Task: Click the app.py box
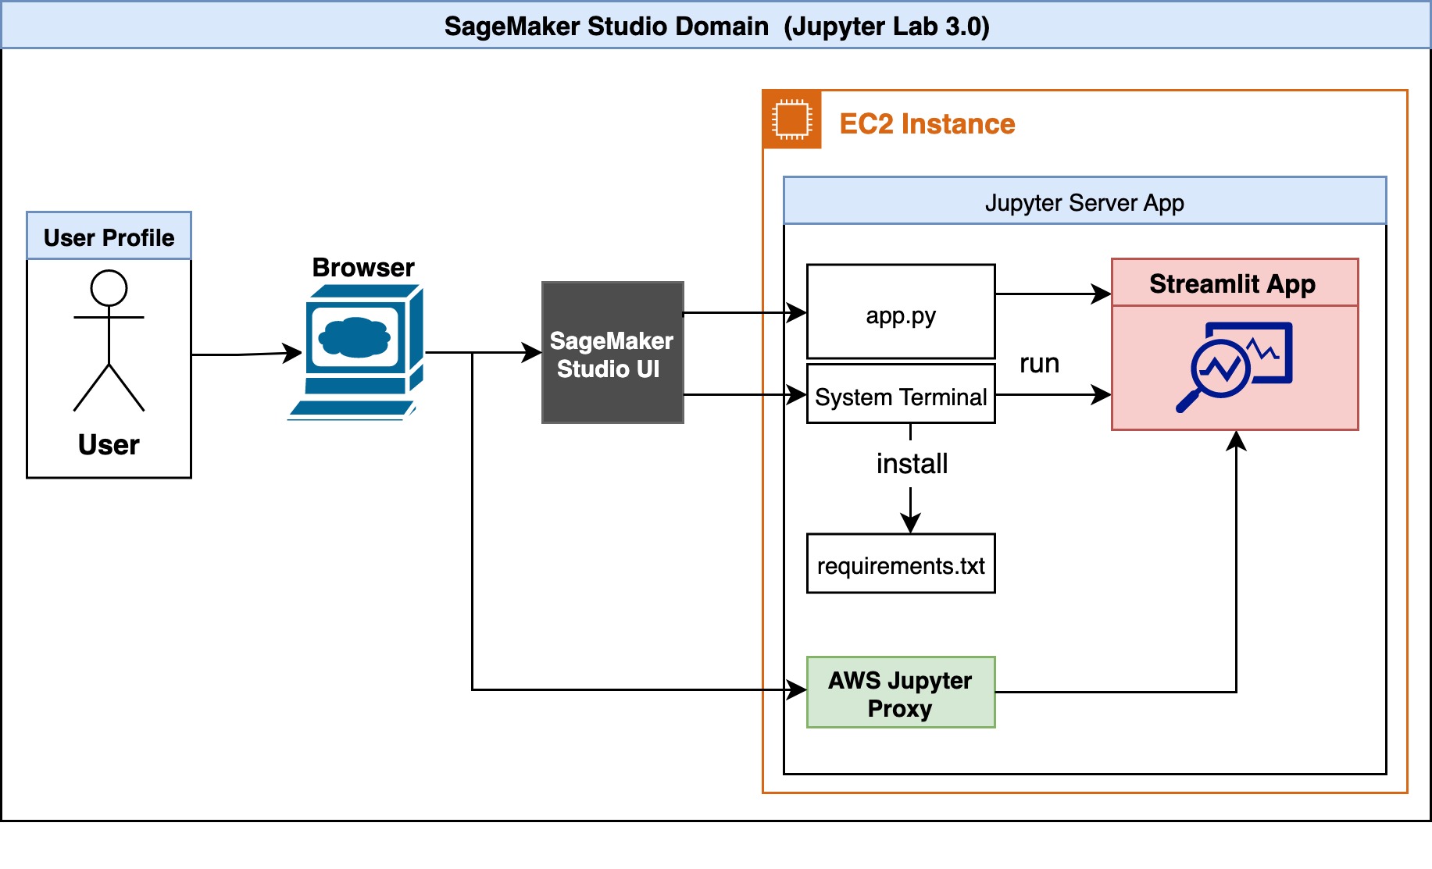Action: point(900,312)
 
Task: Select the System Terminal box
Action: point(900,394)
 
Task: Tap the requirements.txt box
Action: point(900,564)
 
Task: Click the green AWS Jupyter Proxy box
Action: point(900,693)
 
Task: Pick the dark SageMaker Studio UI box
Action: point(612,353)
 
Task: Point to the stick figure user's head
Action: point(109,288)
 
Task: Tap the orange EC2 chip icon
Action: point(791,119)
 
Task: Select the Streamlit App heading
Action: point(1232,283)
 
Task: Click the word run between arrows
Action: point(1039,364)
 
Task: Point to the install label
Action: point(911,464)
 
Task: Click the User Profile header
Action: point(109,237)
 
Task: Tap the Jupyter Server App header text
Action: point(1084,203)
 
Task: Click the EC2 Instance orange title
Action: point(927,124)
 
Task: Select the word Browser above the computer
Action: point(362,268)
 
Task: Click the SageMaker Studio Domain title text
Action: point(716,27)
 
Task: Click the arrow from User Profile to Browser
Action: point(246,354)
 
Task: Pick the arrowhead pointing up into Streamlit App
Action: point(1235,440)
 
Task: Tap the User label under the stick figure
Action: point(109,444)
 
